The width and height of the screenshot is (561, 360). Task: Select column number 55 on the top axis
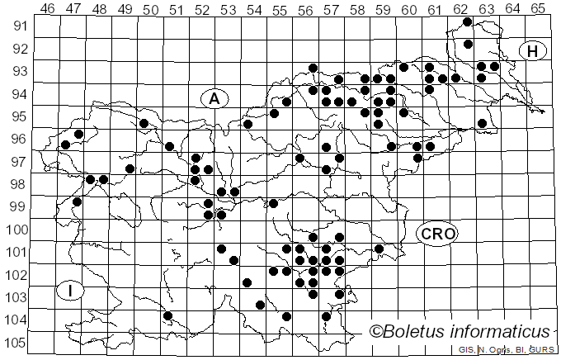click(280, 9)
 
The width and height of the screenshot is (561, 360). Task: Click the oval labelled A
click(214, 98)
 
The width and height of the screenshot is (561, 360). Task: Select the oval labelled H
click(533, 51)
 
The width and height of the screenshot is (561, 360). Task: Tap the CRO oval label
click(436, 234)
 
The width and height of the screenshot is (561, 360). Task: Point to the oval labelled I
click(72, 291)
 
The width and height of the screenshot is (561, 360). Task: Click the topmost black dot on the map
click(468, 21)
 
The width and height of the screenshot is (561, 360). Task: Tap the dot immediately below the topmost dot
click(468, 44)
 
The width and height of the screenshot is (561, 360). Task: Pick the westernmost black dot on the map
click(65, 145)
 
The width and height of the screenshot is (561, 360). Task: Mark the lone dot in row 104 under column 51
click(167, 315)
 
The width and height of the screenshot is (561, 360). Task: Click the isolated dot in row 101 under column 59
click(379, 249)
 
